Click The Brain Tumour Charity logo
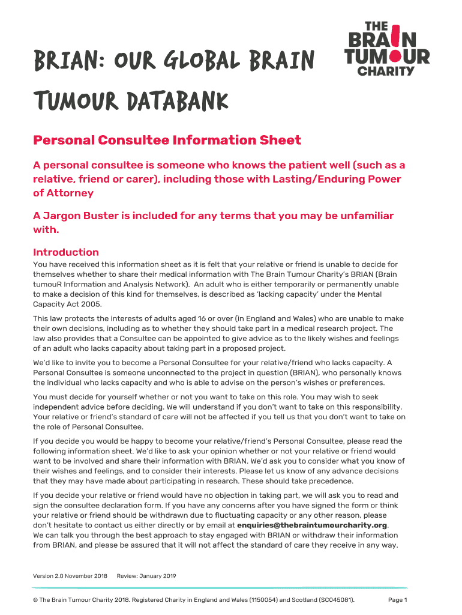(x=387, y=49)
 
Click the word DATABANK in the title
(x=178, y=102)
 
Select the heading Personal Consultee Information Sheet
(x=167, y=141)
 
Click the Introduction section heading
(x=66, y=252)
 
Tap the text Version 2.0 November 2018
(x=70, y=576)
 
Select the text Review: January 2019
(x=146, y=576)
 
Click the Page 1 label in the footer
(x=398, y=600)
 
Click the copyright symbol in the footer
(x=36, y=600)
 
